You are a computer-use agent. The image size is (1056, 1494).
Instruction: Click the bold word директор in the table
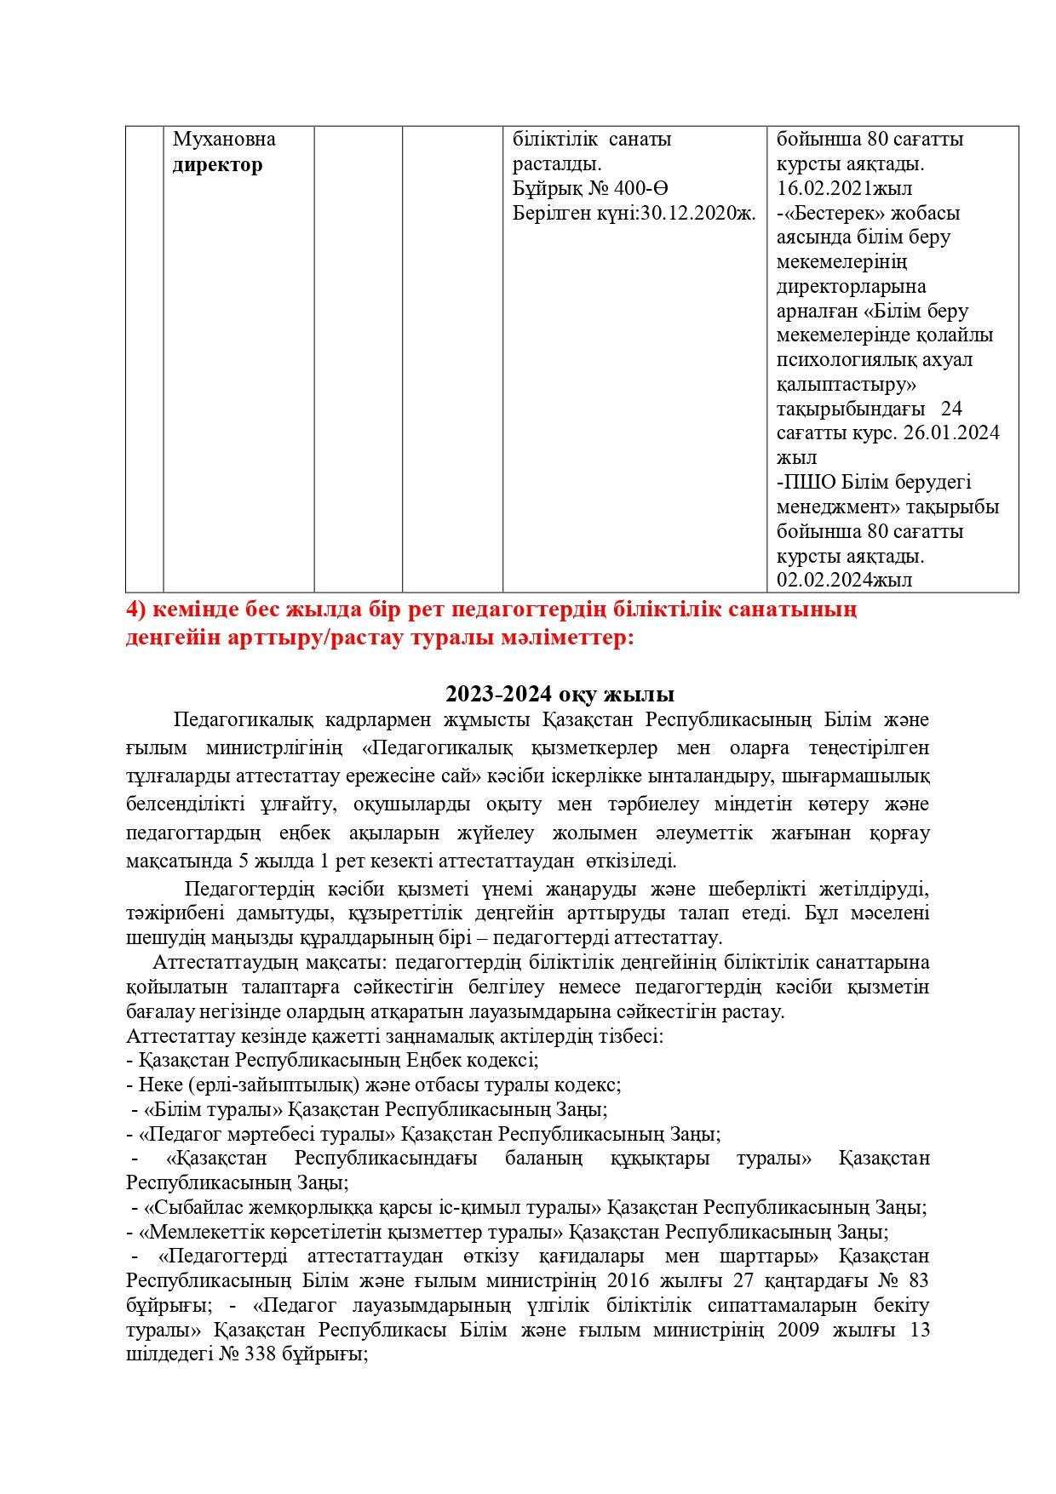coord(217,165)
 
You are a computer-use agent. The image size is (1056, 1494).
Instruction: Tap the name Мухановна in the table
coord(224,140)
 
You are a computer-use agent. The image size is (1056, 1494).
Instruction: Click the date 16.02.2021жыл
coord(844,189)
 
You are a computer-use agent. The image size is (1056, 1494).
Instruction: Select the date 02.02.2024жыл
coord(844,581)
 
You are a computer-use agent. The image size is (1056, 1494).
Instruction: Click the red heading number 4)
coord(138,610)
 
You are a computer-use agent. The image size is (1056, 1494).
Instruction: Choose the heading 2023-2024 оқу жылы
coord(560,694)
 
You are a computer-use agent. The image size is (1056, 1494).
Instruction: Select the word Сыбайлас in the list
coord(188,1208)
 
